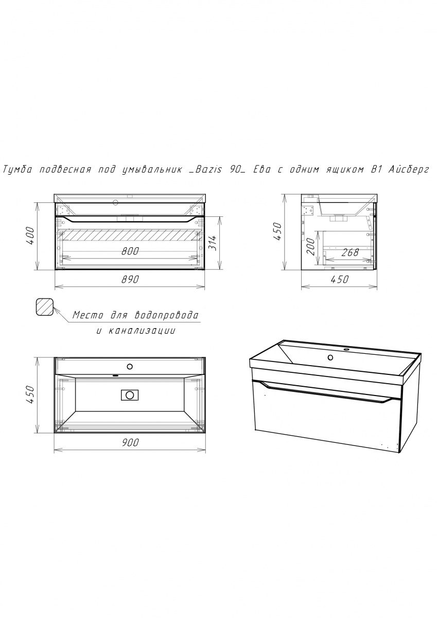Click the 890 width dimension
coord(130,280)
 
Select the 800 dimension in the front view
coord(130,251)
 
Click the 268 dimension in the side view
coord(350,252)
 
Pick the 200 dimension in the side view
coord(311,246)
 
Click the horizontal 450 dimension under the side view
coord(339,279)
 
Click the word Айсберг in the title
coord(409,169)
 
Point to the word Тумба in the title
coord(17,169)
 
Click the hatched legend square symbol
coord(45,307)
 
